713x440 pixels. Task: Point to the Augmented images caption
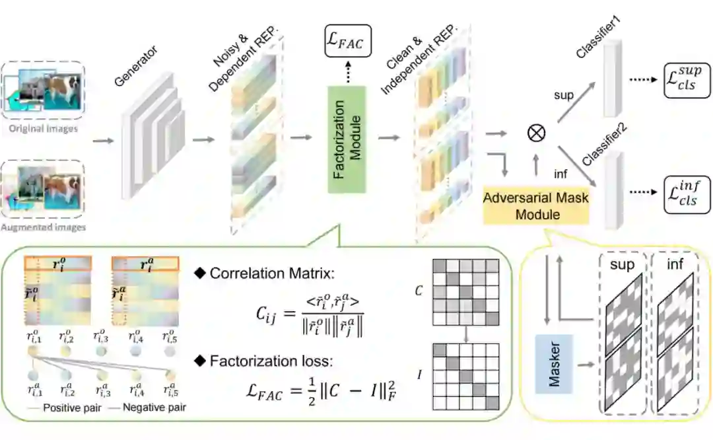point(44,227)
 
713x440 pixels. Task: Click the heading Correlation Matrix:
point(267,274)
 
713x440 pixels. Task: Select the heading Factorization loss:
point(267,361)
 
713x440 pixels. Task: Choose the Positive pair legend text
point(71,407)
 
